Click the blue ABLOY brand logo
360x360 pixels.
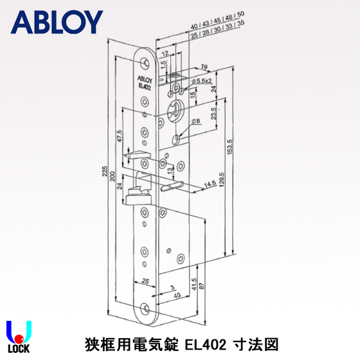[x=57, y=22]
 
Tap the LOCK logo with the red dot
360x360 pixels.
[x=19, y=338]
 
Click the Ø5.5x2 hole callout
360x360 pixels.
[x=201, y=81]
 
